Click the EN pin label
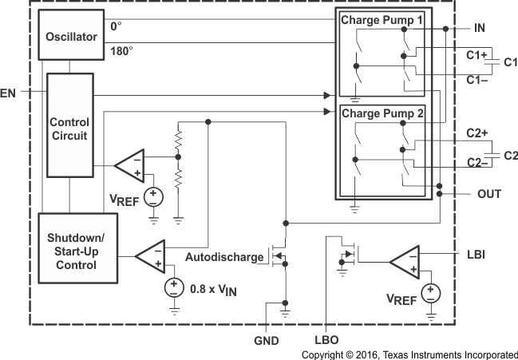pyautogui.click(x=8, y=93)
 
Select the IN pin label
pyautogui.click(x=479, y=28)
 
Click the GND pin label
pyautogui.click(x=267, y=340)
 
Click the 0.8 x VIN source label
pyautogui.click(x=214, y=288)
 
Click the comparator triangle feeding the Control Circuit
pyautogui.click(x=129, y=165)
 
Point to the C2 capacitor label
pyautogui.click(x=510, y=155)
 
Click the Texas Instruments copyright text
pyautogui.click(x=409, y=354)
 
